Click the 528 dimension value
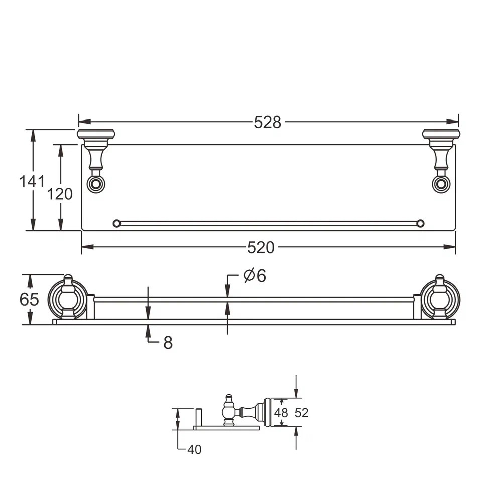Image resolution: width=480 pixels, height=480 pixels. (267, 122)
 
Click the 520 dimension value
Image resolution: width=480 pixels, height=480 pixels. (261, 247)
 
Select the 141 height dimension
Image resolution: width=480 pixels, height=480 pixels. (32, 181)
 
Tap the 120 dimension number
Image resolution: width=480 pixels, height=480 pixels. (60, 194)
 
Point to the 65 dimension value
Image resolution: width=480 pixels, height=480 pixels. (29, 299)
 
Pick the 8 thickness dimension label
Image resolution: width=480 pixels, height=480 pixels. (168, 343)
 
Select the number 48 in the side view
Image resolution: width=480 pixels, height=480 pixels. (281, 413)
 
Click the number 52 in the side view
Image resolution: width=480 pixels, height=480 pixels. (302, 413)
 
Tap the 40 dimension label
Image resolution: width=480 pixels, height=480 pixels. (194, 449)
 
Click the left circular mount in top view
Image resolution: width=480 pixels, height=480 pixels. (95, 184)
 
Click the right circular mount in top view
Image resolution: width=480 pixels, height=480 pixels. (441, 184)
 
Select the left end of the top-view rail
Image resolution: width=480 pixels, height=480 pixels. (117, 223)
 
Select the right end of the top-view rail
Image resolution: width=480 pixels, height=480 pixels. (420, 223)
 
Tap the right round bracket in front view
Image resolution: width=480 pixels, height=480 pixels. (440, 299)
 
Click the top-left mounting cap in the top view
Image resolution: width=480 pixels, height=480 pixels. (96, 134)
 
